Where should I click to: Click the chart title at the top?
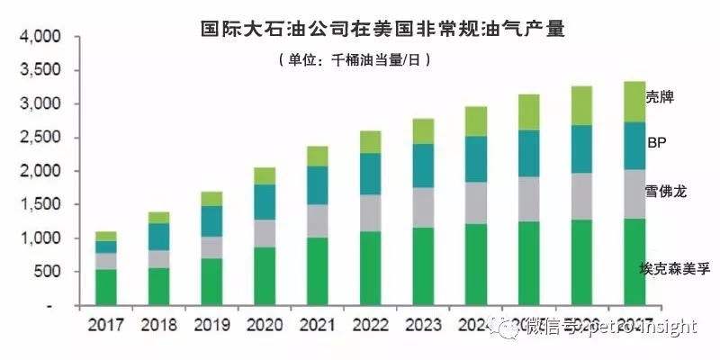coord(382,28)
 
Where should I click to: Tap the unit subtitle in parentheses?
coord(356,60)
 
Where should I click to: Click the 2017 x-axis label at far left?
coord(105,325)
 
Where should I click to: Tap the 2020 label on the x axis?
coord(264,325)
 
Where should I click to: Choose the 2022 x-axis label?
coord(370,325)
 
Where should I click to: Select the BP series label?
coord(656,142)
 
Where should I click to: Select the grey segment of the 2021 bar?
coord(317,220)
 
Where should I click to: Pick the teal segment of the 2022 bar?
coord(370,174)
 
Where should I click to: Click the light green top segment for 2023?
coord(423,131)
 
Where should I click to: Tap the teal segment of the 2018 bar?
coord(158,236)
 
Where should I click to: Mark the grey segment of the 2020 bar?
coord(264,233)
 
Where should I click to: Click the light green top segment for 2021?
coord(317,156)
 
